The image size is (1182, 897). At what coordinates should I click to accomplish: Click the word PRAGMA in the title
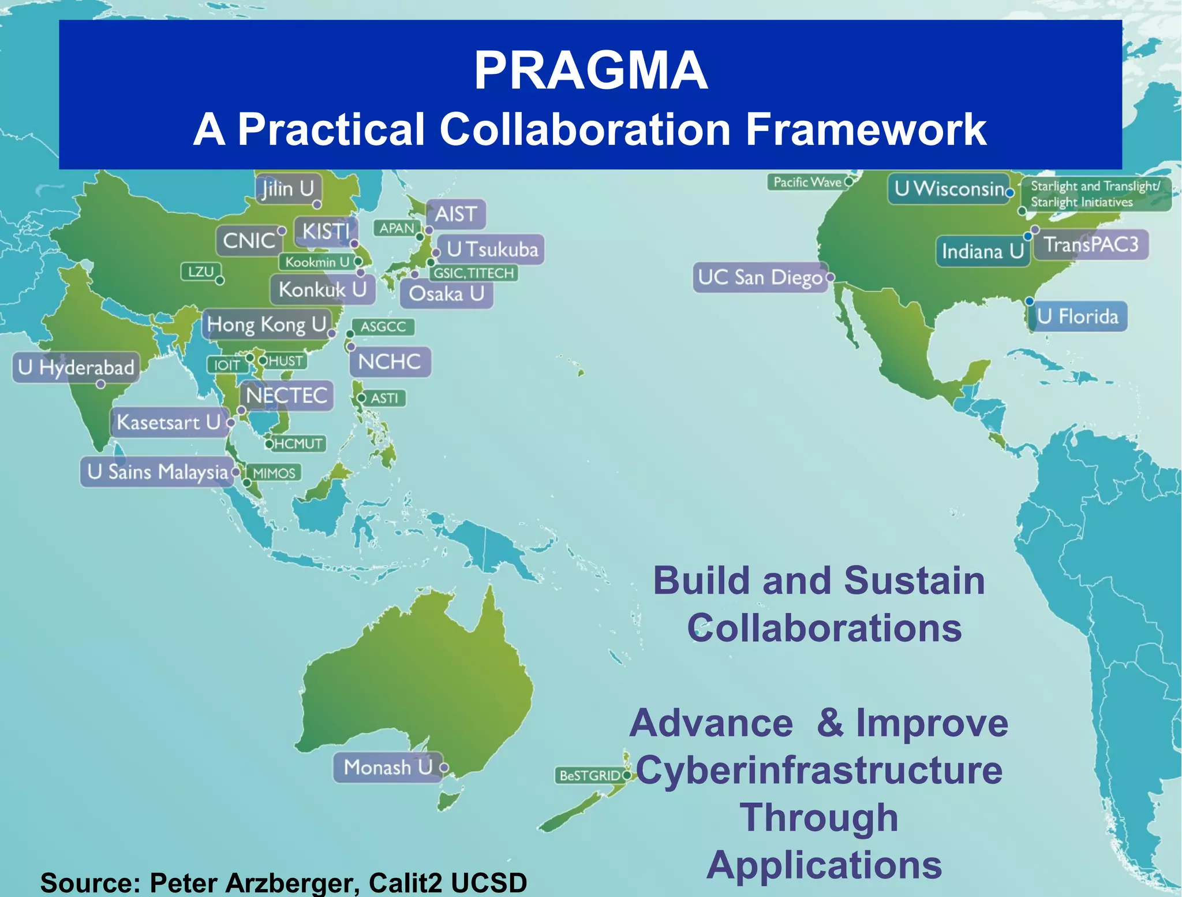click(x=590, y=70)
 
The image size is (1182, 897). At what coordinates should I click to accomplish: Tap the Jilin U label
click(x=287, y=189)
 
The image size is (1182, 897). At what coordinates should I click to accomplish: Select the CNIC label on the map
click(x=249, y=240)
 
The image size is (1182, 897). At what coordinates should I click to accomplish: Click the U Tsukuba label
click(x=492, y=250)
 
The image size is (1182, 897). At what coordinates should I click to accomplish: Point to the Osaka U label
click(x=446, y=294)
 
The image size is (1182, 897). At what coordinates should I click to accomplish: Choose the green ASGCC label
click(x=383, y=327)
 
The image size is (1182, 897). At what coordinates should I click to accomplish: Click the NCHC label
click(x=390, y=362)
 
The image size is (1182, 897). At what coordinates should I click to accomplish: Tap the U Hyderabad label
click(x=76, y=367)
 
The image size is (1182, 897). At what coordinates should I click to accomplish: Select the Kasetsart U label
click(x=169, y=422)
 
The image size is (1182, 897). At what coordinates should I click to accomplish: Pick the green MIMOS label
click(x=274, y=473)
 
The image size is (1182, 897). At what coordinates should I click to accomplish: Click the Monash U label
click(x=388, y=767)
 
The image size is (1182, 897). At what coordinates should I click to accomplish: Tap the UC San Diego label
click(x=760, y=278)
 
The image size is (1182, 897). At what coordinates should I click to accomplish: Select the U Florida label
click(x=1078, y=317)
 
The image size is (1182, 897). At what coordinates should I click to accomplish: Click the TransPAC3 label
click(x=1091, y=245)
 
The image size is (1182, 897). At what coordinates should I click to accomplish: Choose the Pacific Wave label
click(x=807, y=183)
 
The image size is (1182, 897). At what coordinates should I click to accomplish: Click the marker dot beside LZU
click(x=220, y=281)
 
